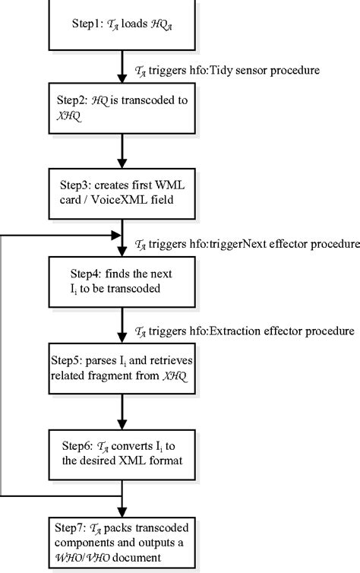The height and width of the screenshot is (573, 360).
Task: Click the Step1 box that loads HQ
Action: [x=122, y=24]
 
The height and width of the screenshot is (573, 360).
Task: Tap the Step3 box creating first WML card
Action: [x=122, y=192]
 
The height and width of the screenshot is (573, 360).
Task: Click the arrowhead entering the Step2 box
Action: [x=122, y=89]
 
